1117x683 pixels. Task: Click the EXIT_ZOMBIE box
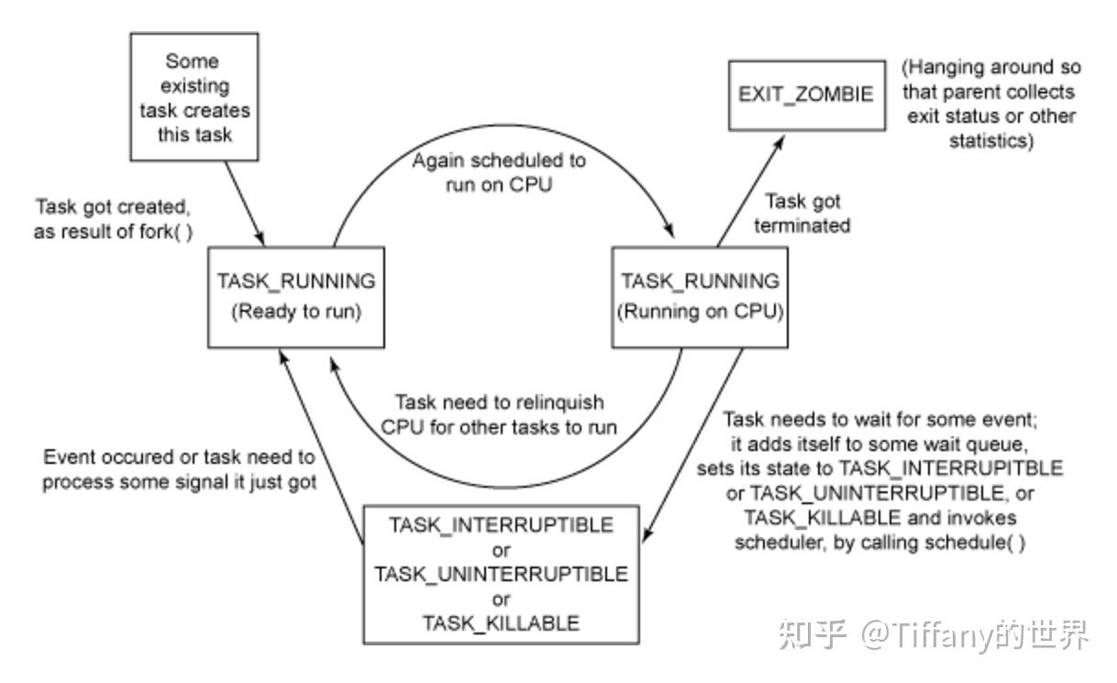pyautogui.click(x=807, y=95)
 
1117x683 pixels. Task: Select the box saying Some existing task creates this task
pyautogui.click(x=193, y=98)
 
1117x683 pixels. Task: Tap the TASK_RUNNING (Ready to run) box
pyautogui.click(x=295, y=295)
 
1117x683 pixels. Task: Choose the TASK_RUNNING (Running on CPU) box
pyautogui.click(x=700, y=295)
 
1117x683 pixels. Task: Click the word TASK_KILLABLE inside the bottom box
pyautogui.click(x=501, y=623)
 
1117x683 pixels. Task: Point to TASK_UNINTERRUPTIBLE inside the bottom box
pyautogui.click(x=501, y=575)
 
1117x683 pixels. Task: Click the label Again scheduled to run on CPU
pyautogui.click(x=498, y=171)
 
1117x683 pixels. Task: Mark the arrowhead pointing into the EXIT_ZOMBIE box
pyautogui.click(x=781, y=138)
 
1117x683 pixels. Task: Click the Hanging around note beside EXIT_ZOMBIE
pyautogui.click(x=990, y=105)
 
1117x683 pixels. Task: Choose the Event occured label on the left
pyautogui.click(x=179, y=468)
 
